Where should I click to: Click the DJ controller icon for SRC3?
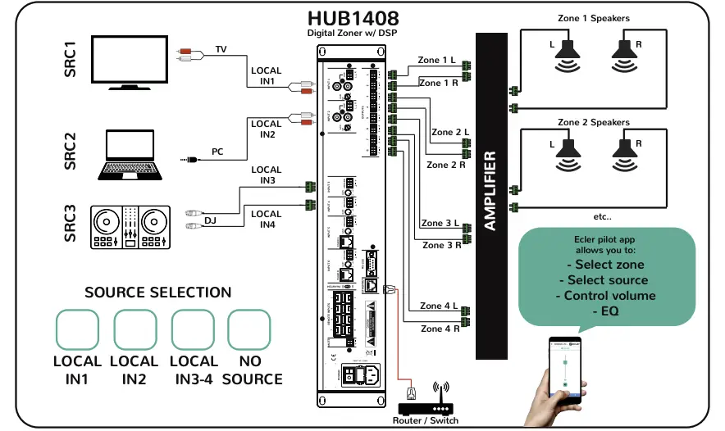(x=130, y=227)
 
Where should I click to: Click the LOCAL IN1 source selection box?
(x=76, y=330)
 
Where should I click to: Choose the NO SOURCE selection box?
(x=249, y=330)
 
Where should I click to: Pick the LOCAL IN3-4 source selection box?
(x=193, y=330)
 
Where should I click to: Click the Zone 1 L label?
(x=439, y=60)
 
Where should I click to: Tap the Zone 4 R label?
(x=440, y=329)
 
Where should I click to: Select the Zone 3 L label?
(x=440, y=223)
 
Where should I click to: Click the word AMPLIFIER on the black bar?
(x=490, y=191)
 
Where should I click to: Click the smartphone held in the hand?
(x=566, y=372)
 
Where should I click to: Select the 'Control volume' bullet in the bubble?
(x=606, y=296)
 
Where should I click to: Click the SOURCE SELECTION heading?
(x=158, y=293)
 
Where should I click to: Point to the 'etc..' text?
(x=603, y=217)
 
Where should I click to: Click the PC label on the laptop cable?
(x=217, y=152)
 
